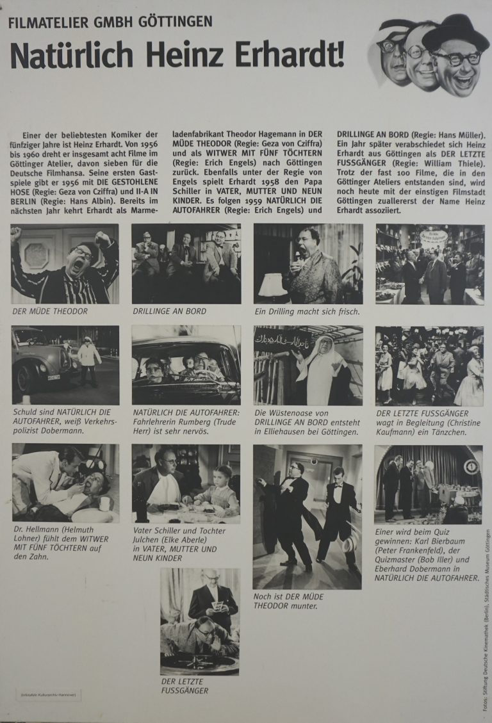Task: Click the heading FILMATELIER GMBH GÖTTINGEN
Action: (110, 23)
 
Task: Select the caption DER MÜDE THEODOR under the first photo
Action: (50, 311)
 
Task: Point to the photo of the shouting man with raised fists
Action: (65, 264)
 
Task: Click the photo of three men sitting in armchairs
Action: (186, 264)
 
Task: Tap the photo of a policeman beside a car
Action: (65, 365)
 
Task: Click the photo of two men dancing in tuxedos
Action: (307, 516)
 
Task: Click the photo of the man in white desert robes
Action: (308, 365)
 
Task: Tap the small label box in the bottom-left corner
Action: (49, 695)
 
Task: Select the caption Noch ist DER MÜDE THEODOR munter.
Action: (288, 601)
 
